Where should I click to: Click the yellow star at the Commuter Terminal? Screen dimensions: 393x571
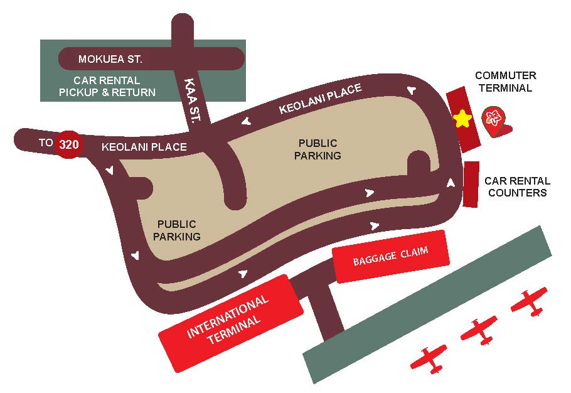tap(462, 118)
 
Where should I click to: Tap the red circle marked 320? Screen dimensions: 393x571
tap(68, 144)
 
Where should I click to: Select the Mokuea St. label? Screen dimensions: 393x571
tap(110, 60)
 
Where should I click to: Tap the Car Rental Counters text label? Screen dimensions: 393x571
tap(517, 186)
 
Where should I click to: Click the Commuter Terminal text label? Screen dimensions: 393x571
tap(506, 82)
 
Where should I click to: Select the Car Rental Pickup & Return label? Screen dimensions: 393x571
tap(107, 87)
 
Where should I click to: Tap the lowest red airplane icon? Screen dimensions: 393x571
tap(429, 358)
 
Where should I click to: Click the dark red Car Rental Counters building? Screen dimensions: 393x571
tap(471, 184)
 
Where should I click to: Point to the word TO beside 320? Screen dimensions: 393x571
tap(46, 143)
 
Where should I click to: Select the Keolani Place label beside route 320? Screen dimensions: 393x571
tap(144, 147)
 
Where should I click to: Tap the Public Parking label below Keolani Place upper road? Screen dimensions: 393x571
tap(318, 149)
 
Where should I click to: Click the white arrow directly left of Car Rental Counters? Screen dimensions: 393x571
tap(450, 183)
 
